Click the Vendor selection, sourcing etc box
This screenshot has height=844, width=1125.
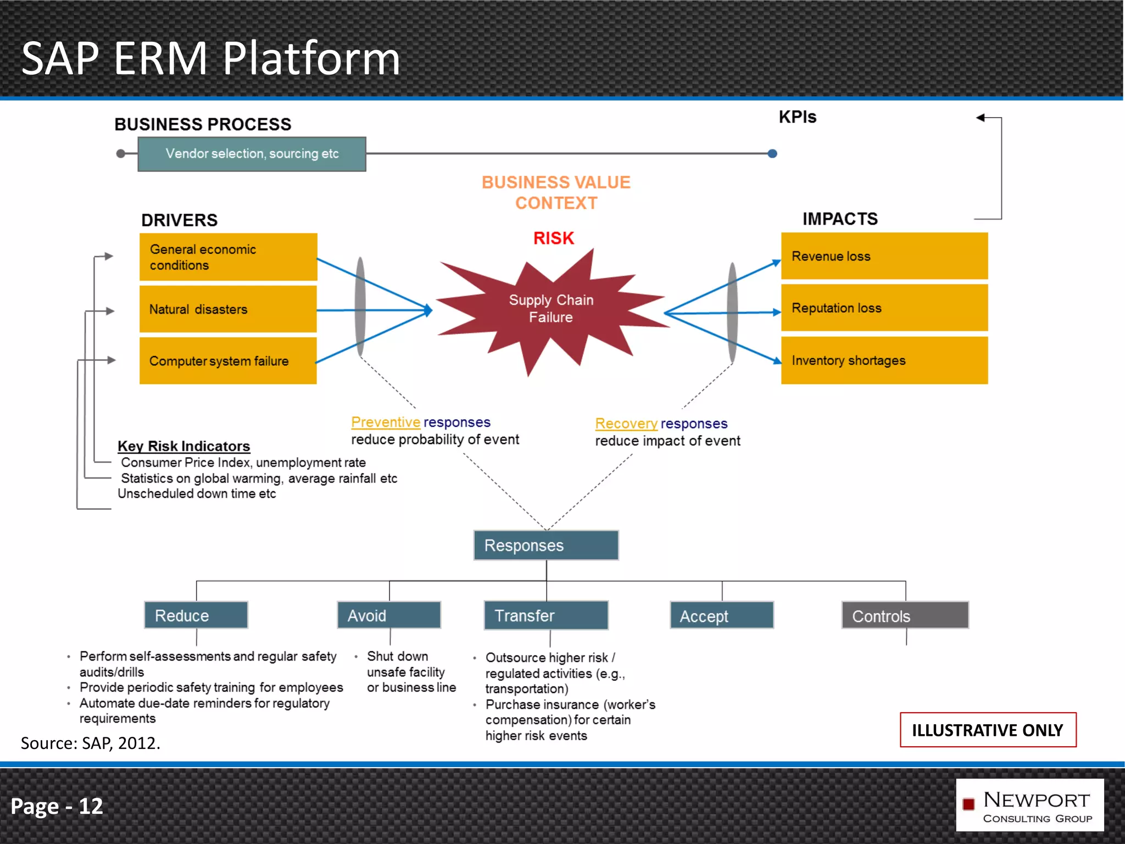coord(252,154)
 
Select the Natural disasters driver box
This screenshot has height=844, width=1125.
coord(228,309)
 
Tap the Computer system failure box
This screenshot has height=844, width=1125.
coord(228,361)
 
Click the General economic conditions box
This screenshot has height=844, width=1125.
coord(228,257)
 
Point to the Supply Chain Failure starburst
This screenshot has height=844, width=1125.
coord(551,309)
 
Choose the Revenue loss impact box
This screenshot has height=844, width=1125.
coord(884,256)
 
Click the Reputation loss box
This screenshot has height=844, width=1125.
coord(884,308)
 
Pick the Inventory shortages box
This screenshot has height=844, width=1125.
coord(884,360)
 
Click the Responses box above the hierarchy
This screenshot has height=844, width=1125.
coord(546,545)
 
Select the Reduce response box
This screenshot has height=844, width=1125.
coord(196,615)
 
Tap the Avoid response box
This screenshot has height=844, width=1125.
coord(389,615)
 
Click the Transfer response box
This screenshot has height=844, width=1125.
coord(546,615)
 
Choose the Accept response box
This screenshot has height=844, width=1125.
coord(721,616)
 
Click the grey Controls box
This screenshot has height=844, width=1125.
coord(905,616)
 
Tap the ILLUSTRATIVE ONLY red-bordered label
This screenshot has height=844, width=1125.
coord(987,730)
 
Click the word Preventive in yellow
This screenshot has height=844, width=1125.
coord(386,422)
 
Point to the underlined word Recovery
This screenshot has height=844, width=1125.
coord(626,424)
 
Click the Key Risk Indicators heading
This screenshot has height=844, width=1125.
coord(183,446)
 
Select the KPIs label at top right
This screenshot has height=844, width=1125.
coord(797,117)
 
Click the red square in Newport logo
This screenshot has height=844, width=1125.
coord(968,804)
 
